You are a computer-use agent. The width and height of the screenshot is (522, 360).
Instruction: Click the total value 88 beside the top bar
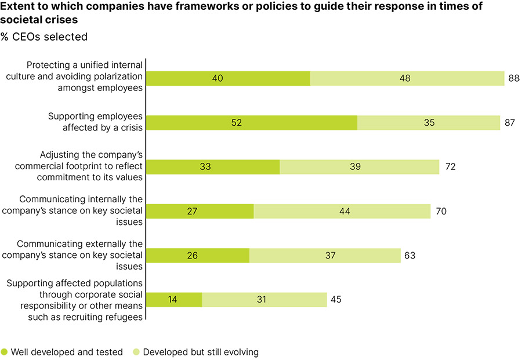click(x=513, y=78)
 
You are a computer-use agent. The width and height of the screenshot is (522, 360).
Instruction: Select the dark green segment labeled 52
click(x=252, y=122)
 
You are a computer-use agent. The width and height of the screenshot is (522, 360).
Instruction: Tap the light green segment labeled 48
click(x=407, y=78)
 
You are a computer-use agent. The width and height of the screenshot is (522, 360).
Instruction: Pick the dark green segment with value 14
click(x=174, y=300)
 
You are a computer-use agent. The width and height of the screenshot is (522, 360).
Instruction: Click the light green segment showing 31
click(x=264, y=300)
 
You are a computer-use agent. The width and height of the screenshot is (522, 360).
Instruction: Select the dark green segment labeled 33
click(x=213, y=167)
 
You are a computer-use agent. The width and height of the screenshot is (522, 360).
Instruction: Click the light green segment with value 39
click(x=360, y=167)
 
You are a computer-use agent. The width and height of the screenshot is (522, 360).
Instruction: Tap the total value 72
click(x=449, y=167)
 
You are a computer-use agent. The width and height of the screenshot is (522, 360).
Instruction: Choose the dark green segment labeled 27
click(x=200, y=211)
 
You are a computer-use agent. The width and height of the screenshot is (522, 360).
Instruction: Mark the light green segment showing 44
click(x=342, y=211)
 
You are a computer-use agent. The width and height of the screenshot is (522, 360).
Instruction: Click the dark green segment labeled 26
click(x=198, y=256)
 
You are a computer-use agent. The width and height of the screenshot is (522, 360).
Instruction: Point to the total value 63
click(x=410, y=256)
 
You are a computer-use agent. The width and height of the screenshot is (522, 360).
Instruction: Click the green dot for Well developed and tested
click(x=5, y=351)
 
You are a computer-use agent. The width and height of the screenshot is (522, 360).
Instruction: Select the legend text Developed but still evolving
click(x=201, y=351)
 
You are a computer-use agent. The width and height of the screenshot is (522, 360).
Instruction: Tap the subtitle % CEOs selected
click(x=44, y=37)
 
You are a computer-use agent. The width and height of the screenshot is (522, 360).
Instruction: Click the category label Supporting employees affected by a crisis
click(x=96, y=122)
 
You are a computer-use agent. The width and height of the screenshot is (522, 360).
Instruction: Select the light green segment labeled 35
click(x=429, y=122)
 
